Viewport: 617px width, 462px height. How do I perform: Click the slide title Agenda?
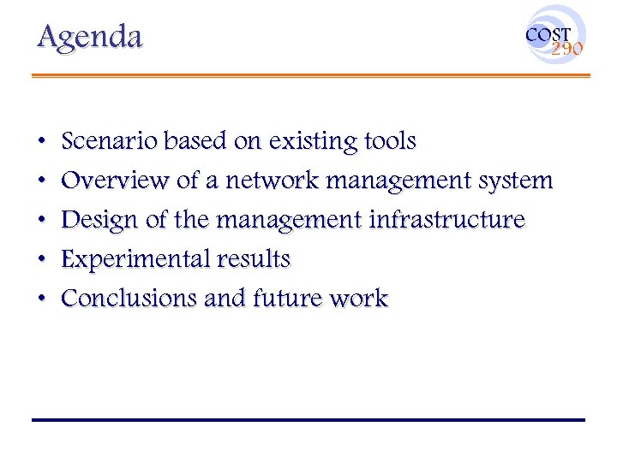coord(89,37)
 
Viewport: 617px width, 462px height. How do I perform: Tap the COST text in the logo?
coord(548,35)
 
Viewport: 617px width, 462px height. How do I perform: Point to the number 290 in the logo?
coord(566,50)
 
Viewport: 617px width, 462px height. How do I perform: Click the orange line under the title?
coord(310,75)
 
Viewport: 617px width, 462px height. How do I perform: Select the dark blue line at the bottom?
coord(308,420)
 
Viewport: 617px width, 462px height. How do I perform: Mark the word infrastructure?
coord(446,220)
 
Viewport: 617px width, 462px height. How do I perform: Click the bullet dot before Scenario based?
coord(42,141)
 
